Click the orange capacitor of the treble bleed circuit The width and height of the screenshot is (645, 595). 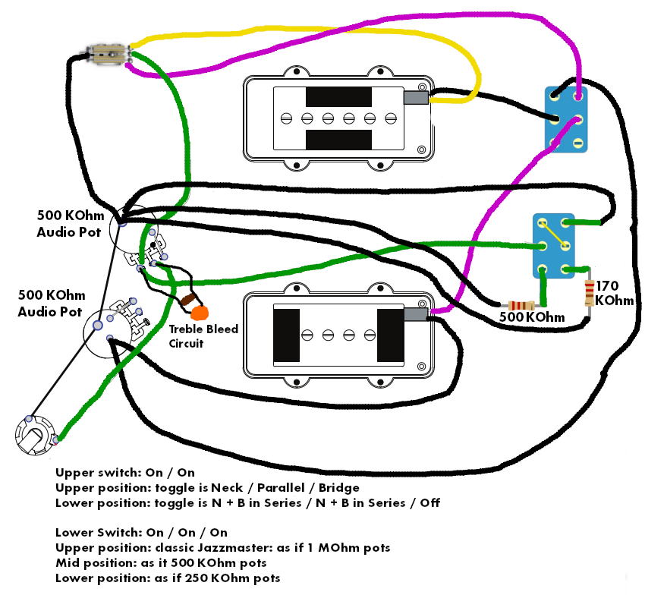pos(200,312)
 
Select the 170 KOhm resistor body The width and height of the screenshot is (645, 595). pos(590,292)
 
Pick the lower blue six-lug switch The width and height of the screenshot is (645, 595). pos(554,244)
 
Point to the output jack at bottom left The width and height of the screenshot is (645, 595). pos(33,437)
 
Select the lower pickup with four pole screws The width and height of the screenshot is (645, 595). pos(338,334)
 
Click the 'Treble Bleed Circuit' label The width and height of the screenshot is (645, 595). pos(203,335)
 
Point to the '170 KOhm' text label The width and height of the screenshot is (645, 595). pos(614,293)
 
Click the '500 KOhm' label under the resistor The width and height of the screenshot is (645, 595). pos(532,317)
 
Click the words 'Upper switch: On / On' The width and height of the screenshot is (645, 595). pos(125,472)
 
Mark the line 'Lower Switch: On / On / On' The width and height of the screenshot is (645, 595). pos(141,532)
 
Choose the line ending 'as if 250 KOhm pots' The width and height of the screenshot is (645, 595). pos(168,578)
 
